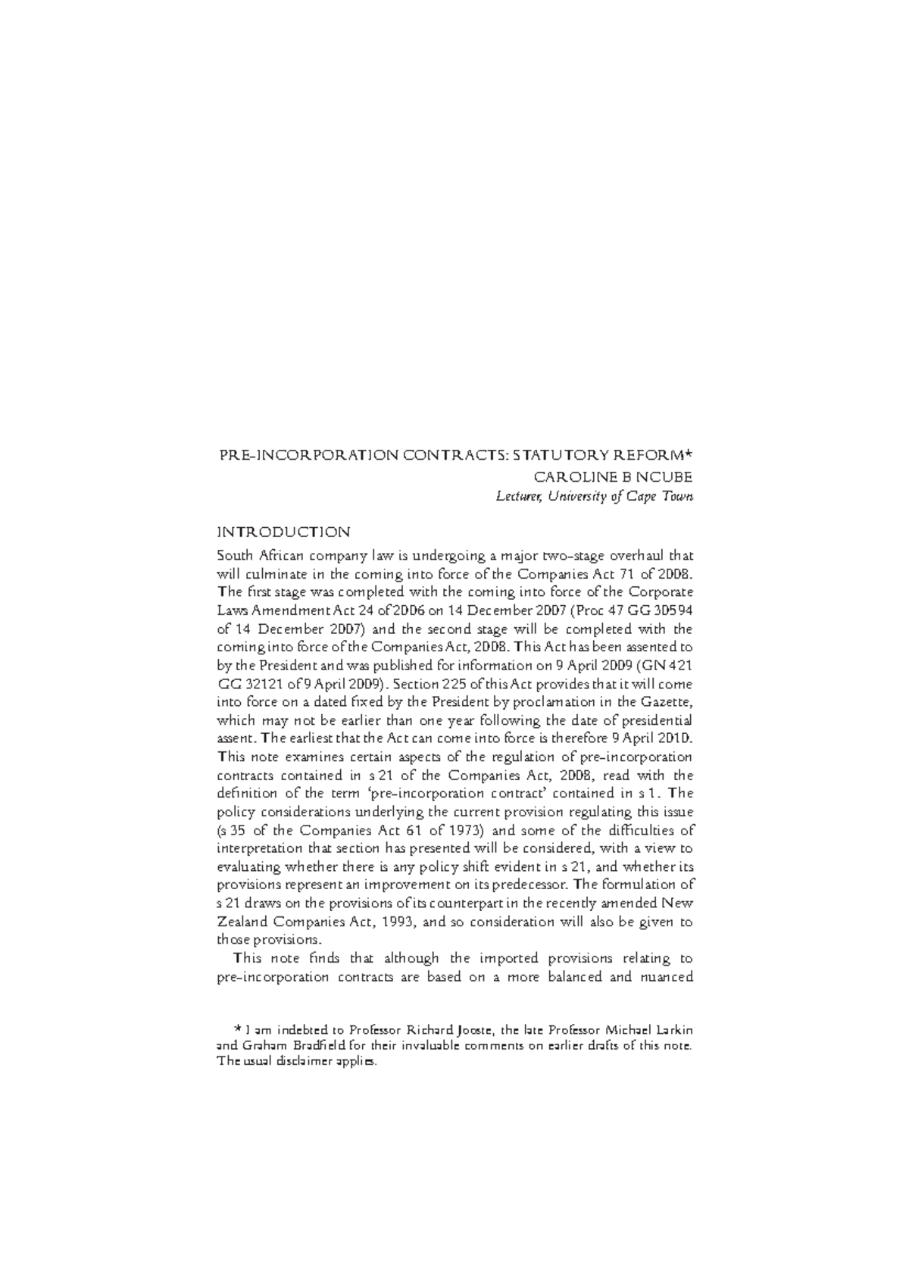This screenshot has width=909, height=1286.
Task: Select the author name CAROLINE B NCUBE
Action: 614,477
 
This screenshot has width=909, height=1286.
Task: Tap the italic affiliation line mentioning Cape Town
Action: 594,497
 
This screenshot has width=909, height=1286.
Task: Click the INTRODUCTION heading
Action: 283,532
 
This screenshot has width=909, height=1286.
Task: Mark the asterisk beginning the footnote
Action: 239,1029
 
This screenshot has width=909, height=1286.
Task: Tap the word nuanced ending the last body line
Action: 667,977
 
